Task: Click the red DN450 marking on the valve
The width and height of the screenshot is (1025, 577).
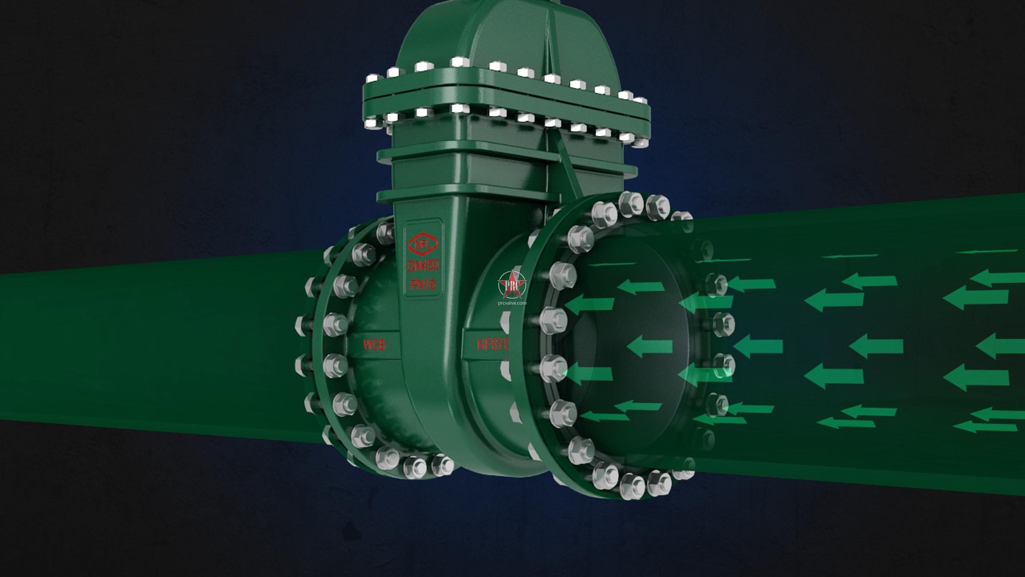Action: click(x=423, y=265)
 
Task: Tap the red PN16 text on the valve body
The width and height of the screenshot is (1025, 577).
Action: click(x=423, y=285)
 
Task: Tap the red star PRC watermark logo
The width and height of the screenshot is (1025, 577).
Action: click(x=512, y=285)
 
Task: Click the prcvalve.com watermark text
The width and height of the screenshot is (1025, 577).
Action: click(x=512, y=303)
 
